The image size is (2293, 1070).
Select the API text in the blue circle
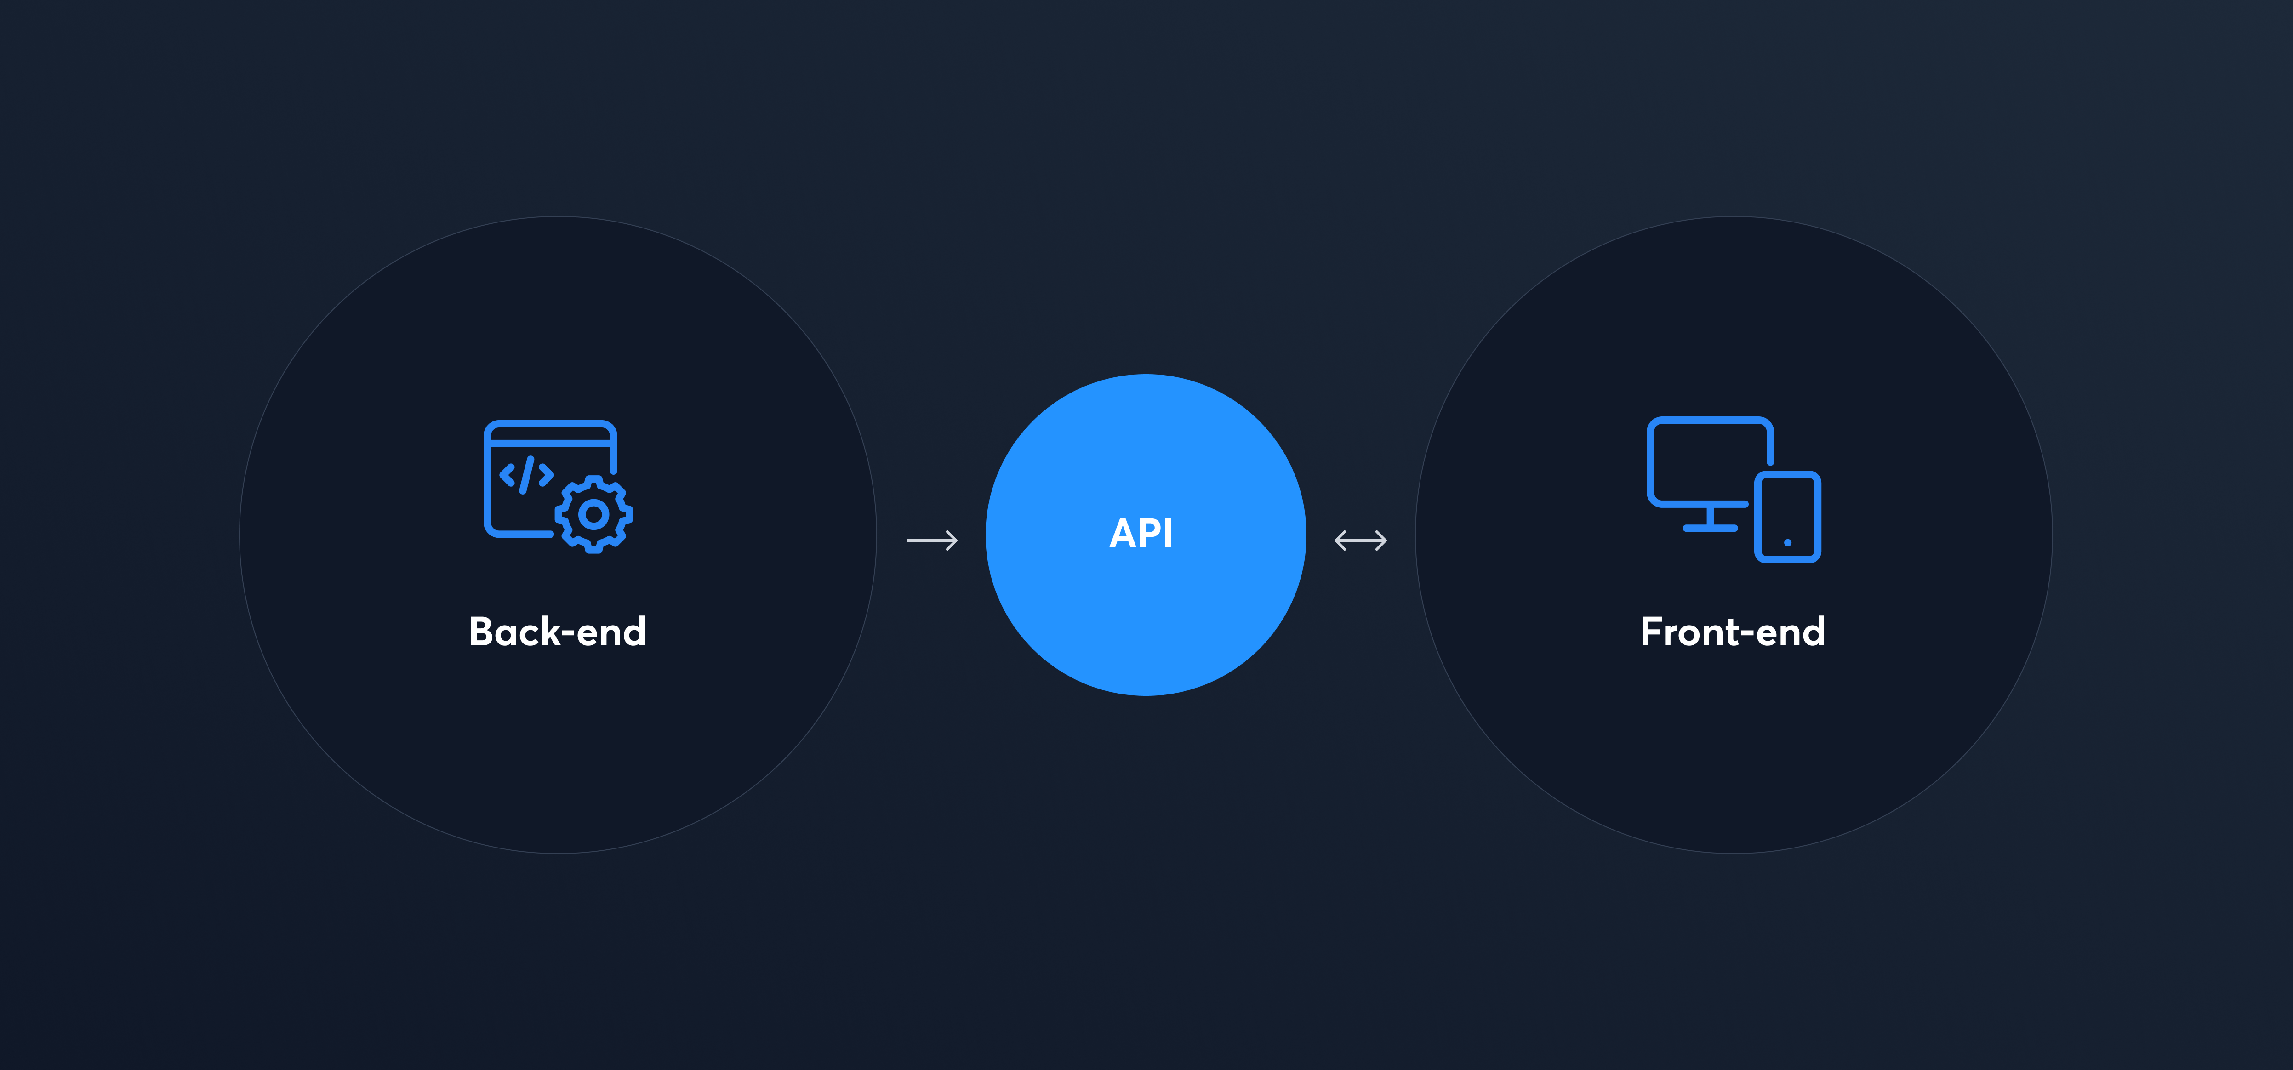1141,533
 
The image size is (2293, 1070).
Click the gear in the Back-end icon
594,514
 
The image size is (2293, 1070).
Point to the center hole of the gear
594,514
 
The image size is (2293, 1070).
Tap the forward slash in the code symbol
527,474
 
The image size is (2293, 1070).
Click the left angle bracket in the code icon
508,474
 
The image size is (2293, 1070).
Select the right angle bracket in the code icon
546,474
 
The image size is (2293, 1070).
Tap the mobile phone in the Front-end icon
1787,516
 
